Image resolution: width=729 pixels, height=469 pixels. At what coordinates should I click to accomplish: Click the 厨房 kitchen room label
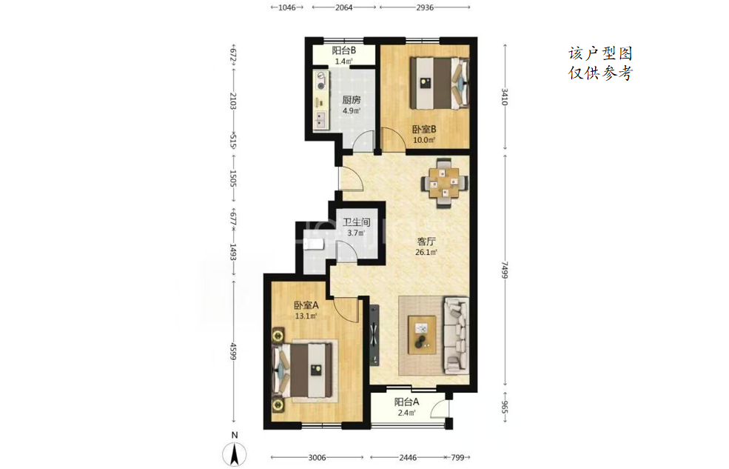(x=352, y=99)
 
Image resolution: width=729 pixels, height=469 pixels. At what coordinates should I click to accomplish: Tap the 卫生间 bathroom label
(x=356, y=222)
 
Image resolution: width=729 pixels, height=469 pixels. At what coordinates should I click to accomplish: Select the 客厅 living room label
(x=426, y=242)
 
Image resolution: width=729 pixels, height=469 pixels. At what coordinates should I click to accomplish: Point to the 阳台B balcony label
(x=344, y=50)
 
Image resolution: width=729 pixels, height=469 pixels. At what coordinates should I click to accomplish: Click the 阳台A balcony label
(x=407, y=402)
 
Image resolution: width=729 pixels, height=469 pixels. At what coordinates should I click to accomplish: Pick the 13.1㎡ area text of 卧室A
(x=306, y=316)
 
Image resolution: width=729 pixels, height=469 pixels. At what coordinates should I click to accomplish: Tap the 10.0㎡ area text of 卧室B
(x=425, y=139)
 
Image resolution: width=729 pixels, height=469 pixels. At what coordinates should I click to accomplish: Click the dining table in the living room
(x=446, y=183)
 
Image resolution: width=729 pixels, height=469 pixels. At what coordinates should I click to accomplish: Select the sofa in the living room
(x=456, y=336)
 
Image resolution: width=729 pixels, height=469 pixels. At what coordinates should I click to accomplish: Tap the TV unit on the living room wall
(x=374, y=335)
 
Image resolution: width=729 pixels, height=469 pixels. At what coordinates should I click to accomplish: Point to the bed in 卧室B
(x=438, y=82)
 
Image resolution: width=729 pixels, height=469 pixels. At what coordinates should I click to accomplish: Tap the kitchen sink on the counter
(x=320, y=119)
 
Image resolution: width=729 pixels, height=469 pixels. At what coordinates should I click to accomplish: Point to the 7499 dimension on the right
(x=505, y=270)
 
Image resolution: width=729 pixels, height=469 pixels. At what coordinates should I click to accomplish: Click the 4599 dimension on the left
(x=234, y=351)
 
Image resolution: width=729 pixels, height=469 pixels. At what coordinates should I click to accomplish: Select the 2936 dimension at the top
(x=425, y=7)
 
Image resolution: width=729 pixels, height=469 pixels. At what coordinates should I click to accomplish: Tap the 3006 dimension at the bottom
(x=317, y=458)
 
